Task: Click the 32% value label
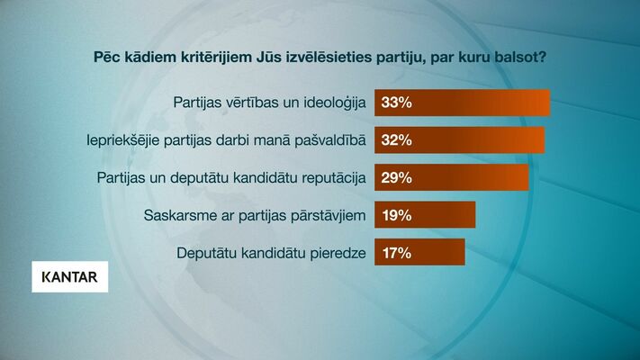pos(396,140)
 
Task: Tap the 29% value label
pos(396,177)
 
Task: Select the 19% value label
pos(396,215)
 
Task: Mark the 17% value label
pos(396,252)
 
